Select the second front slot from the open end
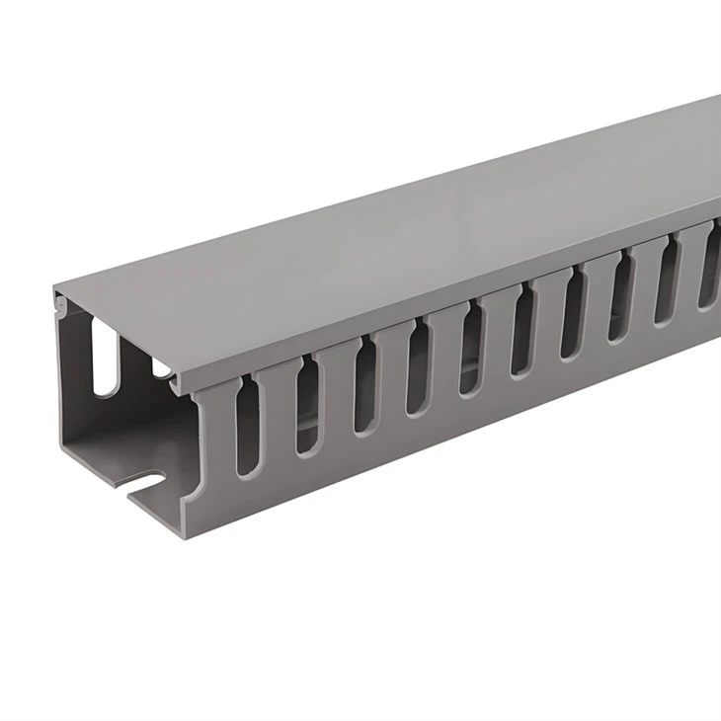[308, 403]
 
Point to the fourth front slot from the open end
[419, 366]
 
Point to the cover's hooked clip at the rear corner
[61, 308]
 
